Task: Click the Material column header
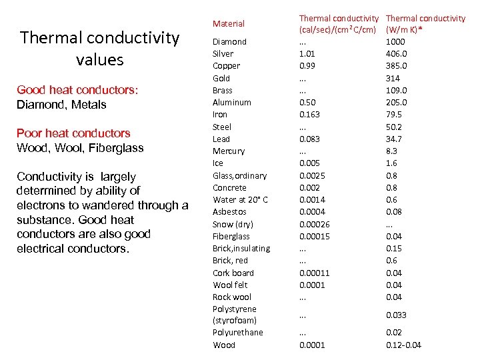click(x=228, y=23)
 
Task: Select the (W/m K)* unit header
click(x=408, y=29)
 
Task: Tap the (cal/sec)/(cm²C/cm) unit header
click(x=339, y=29)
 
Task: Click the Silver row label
click(x=223, y=53)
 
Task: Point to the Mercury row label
click(x=228, y=151)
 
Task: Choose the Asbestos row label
click(x=229, y=212)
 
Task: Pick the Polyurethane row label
click(x=237, y=333)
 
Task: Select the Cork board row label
click(x=233, y=273)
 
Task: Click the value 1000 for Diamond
click(x=395, y=41)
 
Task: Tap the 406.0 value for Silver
click(x=396, y=53)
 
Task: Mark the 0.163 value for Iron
click(x=309, y=115)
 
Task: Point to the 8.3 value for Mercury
click(x=392, y=151)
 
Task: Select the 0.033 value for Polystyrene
click(x=396, y=315)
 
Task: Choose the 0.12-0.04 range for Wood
click(x=403, y=345)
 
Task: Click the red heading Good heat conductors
click(x=76, y=90)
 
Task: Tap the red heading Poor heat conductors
click(x=73, y=133)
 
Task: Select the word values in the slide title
click(x=100, y=59)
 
